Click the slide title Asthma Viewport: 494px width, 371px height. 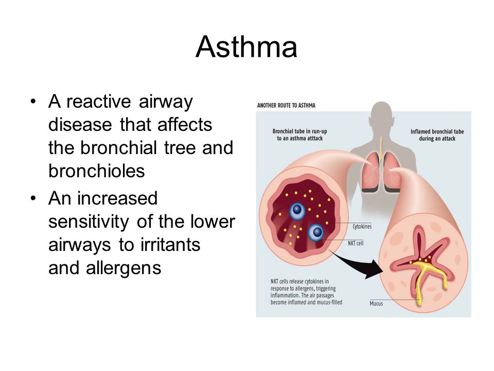click(x=246, y=47)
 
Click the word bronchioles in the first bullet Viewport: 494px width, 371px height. click(x=96, y=171)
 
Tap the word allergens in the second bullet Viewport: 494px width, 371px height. click(x=123, y=268)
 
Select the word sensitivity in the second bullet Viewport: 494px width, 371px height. click(x=89, y=222)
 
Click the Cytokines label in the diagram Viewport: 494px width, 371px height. click(x=362, y=227)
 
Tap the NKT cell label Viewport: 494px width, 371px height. click(x=356, y=243)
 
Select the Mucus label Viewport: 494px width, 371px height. click(x=376, y=303)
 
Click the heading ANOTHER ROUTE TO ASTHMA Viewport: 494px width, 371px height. click(x=286, y=105)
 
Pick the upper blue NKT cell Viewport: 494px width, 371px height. click(x=297, y=210)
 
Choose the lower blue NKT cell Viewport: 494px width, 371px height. click(x=316, y=232)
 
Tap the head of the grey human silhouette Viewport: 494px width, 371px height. click(x=381, y=115)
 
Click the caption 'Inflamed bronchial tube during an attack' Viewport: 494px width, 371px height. click(x=437, y=135)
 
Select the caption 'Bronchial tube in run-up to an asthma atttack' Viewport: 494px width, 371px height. click(x=299, y=134)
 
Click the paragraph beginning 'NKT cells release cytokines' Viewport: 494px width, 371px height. click(x=306, y=292)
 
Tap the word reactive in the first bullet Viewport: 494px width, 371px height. click(x=99, y=102)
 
